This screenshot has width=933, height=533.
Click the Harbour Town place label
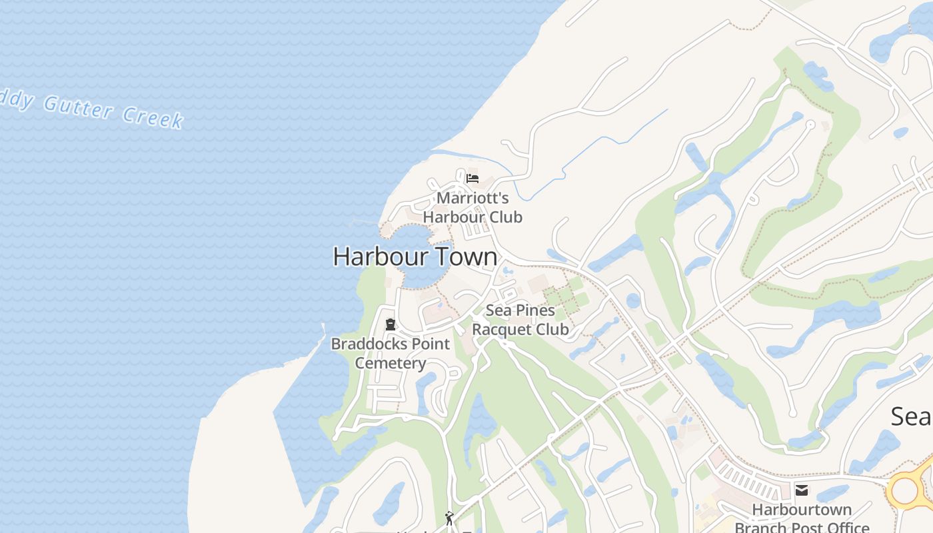pyautogui.click(x=415, y=257)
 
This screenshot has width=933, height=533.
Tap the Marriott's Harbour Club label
pyautogui.click(x=472, y=207)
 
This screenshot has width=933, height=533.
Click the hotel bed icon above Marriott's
pyautogui.click(x=472, y=179)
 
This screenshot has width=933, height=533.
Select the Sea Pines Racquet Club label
pyautogui.click(x=520, y=320)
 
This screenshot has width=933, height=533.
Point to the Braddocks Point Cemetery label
pyautogui.click(x=391, y=353)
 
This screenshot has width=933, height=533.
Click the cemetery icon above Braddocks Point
pyautogui.click(x=391, y=325)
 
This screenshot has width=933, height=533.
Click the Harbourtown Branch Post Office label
pyautogui.click(x=802, y=518)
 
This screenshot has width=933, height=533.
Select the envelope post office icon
pyautogui.click(x=802, y=491)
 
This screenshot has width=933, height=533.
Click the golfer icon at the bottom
pyautogui.click(x=450, y=518)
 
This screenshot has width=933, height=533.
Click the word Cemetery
pyautogui.click(x=391, y=363)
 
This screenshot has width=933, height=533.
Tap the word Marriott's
pyautogui.click(x=472, y=198)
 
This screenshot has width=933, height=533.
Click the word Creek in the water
pyautogui.click(x=153, y=117)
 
